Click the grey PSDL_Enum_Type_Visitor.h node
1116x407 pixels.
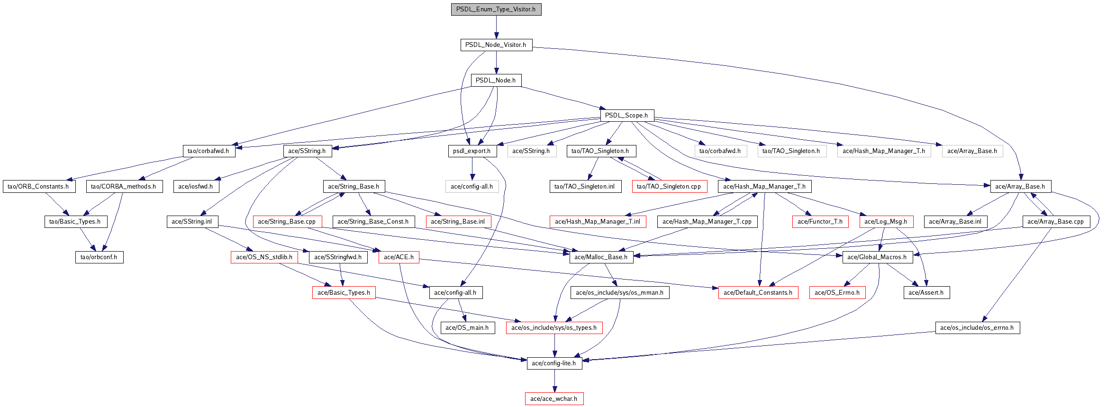pyautogui.click(x=496, y=9)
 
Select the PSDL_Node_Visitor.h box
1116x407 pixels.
pyautogui.click(x=496, y=45)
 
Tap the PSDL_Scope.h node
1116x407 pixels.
pyautogui.click(x=626, y=116)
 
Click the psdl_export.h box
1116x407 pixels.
pyautogui.click(x=472, y=151)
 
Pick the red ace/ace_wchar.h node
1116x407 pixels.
pyautogui.click(x=553, y=399)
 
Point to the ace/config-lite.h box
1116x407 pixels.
pyautogui.click(x=554, y=363)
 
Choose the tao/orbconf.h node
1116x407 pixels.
pyautogui.click(x=99, y=257)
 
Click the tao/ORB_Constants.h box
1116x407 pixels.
pyautogui.click(x=38, y=187)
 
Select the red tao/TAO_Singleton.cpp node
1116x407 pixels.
pyautogui.click(x=669, y=187)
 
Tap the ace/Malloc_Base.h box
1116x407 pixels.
pyautogui.click(x=600, y=257)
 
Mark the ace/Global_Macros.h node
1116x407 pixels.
pyautogui.click(x=877, y=257)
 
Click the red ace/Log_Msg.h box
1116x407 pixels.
pyautogui.click(x=885, y=222)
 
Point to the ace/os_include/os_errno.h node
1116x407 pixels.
pyautogui.click(x=977, y=328)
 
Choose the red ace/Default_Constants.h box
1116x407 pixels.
pyautogui.click(x=758, y=293)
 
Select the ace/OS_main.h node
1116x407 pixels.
pyautogui.click(x=467, y=328)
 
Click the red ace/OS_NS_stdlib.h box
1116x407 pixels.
pyautogui.click(x=264, y=257)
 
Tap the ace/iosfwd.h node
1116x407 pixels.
pyautogui.click(x=195, y=187)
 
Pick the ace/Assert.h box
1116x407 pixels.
pyautogui.click(x=926, y=293)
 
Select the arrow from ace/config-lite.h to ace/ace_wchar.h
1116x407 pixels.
pyautogui.click(x=554, y=381)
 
